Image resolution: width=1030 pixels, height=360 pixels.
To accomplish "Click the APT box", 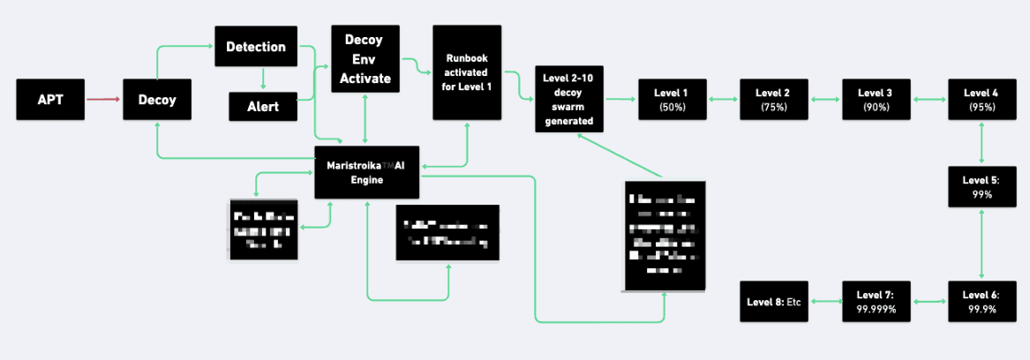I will coord(50,100).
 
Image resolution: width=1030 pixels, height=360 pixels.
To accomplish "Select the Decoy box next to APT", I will coord(157,100).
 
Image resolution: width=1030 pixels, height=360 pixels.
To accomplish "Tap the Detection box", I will coord(255,46).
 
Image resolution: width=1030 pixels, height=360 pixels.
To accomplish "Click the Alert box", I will coord(262,107).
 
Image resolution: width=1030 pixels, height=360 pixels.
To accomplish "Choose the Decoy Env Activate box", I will coord(365,58).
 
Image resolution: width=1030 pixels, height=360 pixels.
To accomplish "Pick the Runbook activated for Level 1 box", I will coord(467,71).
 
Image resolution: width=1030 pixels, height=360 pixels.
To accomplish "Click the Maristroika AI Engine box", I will coord(366,172).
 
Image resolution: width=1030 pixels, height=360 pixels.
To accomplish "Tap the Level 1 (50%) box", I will coord(671,100).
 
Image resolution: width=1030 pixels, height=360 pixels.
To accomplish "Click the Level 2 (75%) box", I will coord(773,100).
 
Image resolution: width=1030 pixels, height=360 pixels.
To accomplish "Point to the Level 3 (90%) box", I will coord(876,100).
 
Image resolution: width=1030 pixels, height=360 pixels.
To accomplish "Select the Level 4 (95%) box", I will coord(981,100).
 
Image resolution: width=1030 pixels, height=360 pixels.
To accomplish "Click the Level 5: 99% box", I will coord(981,186).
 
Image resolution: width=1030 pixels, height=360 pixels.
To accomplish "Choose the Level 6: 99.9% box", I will coord(981,301).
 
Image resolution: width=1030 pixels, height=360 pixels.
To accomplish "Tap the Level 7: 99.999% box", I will coord(876,301).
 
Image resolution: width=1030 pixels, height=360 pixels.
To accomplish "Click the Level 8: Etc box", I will coord(774,301).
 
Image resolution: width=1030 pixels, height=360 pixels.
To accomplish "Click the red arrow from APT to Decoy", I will coord(103,100).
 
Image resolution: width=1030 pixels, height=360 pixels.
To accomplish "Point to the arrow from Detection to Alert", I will coord(262,79).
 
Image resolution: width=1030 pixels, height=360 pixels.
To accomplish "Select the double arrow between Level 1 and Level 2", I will coord(722,100).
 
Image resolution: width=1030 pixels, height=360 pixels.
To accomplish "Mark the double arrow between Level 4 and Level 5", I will coord(981,142).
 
